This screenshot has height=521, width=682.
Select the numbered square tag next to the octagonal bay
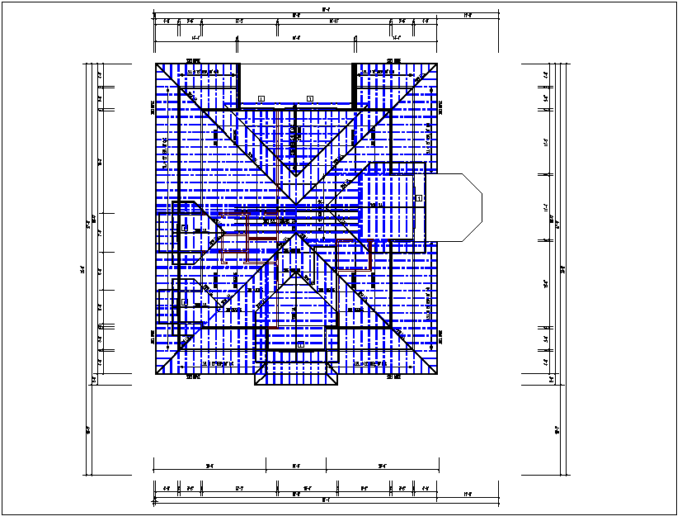[x=419, y=198]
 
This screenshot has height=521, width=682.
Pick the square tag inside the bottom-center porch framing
[x=301, y=344]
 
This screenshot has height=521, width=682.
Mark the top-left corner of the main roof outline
[x=157, y=64]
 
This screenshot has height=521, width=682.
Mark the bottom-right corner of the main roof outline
[x=438, y=374]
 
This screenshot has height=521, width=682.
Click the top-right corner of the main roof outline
[x=438, y=64]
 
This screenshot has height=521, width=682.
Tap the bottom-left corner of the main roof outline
[x=157, y=374]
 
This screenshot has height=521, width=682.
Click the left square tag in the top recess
[x=261, y=98]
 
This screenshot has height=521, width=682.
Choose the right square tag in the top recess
[x=310, y=98]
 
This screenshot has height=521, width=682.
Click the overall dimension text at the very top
[x=327, y=10]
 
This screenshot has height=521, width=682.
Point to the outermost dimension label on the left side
[x=82, y=269]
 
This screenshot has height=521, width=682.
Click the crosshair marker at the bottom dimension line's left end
[x=154, y=500]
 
